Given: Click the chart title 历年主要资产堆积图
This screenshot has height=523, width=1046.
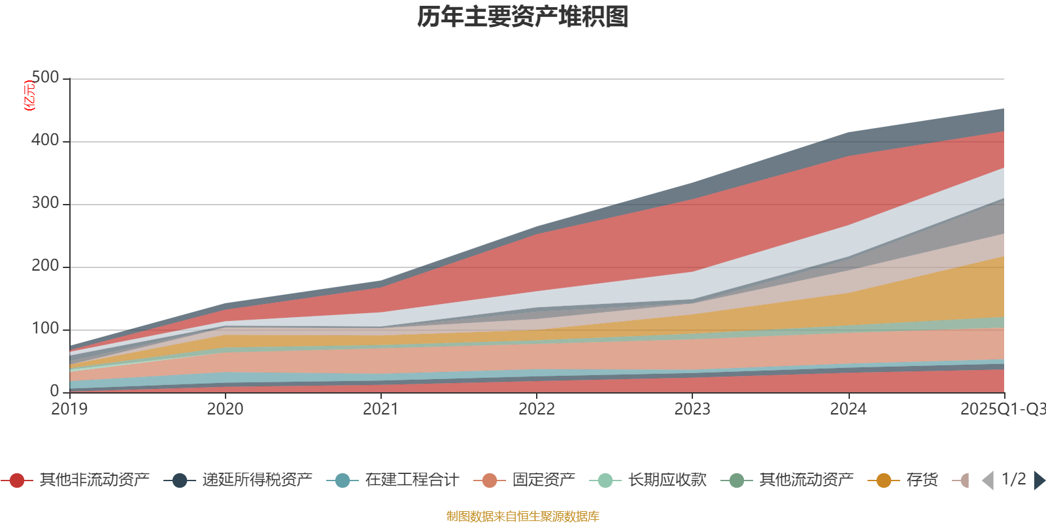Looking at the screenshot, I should click(523, 17).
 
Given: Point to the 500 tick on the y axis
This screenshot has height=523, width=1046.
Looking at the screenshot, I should click(45, 78).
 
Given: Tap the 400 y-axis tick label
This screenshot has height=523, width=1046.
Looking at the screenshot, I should click(45, 141).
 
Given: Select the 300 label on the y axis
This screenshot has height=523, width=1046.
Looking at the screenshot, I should click(45, 203).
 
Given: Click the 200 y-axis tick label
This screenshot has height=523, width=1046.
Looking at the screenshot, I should click(45, 266).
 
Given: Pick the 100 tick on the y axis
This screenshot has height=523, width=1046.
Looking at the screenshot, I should click(45, 329).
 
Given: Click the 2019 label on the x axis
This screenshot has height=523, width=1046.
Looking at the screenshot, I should click(70, 409).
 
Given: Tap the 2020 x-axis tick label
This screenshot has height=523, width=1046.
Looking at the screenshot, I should click(226, 409).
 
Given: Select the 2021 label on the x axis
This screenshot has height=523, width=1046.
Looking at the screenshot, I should click(381, 409).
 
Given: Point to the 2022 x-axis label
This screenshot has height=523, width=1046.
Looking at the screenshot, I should click(537, 409).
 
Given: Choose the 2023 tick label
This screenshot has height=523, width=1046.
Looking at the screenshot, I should click(692, 409).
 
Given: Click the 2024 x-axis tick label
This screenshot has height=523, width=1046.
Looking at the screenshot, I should click(848, 409).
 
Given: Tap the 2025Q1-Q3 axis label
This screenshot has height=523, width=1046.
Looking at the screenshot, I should click(1002, 409).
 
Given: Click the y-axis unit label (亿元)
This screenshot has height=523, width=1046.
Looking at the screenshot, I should click(29, 95).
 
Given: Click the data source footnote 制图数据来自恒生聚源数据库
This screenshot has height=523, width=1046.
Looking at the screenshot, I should click(523, 516).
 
